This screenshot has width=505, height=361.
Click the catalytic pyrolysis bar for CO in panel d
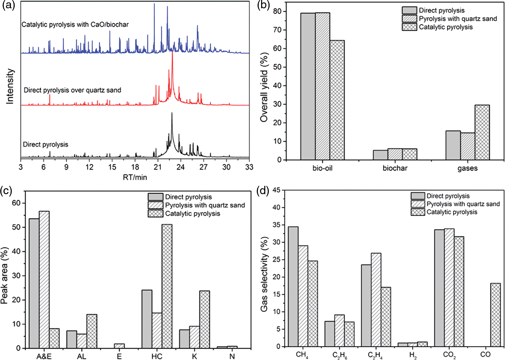click(495, 315)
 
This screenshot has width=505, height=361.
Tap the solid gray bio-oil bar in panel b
click(308, 86)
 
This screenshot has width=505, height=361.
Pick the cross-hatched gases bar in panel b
click(482, 132)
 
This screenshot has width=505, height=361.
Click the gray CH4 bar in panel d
click(293, 286)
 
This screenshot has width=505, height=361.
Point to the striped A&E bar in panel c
click(44, 280)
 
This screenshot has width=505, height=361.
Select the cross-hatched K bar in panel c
click(204, 319)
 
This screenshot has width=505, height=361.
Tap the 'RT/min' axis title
click(135, 177)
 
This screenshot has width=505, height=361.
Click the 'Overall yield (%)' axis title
click(264, 87)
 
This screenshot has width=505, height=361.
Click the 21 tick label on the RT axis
click(158, 167)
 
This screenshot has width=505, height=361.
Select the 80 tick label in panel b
click(277, 12)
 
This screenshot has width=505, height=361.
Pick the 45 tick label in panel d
click(277, 190)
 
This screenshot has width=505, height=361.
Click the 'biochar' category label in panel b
click(395, 168)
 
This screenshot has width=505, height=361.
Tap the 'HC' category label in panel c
click(157, 356)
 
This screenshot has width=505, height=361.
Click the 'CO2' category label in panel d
click(449, 355)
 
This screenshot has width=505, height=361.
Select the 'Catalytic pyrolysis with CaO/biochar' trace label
click(75, 25)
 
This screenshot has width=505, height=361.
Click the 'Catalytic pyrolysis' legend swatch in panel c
click(155, 213)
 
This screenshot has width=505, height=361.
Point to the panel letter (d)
click(263, 191)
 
